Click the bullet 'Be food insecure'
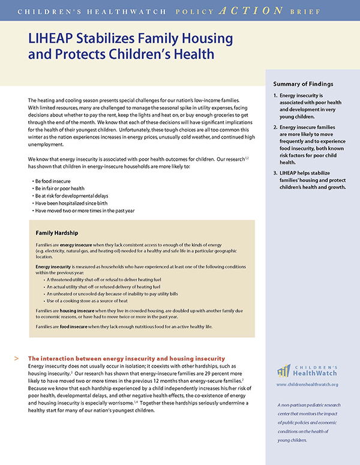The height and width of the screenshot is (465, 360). [55, 180]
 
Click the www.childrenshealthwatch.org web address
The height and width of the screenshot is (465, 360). [307, 384]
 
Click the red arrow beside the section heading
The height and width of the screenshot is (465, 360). [15, 358]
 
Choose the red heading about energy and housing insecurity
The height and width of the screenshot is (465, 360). [127, 358]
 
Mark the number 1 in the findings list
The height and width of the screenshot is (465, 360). [275, 95]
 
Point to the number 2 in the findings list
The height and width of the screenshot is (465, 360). [275, 127]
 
